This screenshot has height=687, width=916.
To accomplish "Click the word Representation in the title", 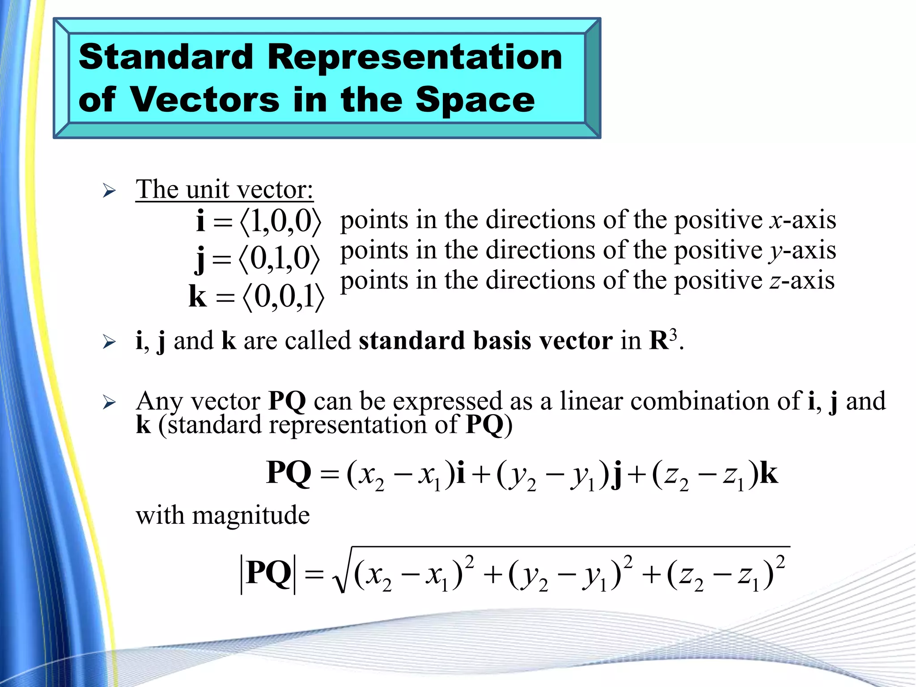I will click(x=415, y=57).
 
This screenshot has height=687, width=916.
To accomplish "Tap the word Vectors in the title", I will click(x=205, y=100).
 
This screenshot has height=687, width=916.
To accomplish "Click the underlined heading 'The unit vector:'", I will click(x=225, y=190).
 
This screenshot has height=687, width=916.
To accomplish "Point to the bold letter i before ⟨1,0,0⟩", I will click(x=201, y=220).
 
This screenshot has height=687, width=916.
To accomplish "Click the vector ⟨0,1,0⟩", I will click(x=280, y=259).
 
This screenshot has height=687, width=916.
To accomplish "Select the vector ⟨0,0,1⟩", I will click(x=283, y=297).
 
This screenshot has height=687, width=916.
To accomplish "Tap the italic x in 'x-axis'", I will click(x=775, y=221).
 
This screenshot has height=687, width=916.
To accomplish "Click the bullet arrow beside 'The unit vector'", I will click(x=109, y=191).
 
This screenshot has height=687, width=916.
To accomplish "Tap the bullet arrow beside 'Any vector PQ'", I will click(x=109, y=403).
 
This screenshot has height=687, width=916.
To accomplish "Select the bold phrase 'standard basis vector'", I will click(x=485, y=341).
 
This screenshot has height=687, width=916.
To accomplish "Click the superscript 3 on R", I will click(x=673, y=334).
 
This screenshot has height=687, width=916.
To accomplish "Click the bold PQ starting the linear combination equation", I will click(x=288, y=473).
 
